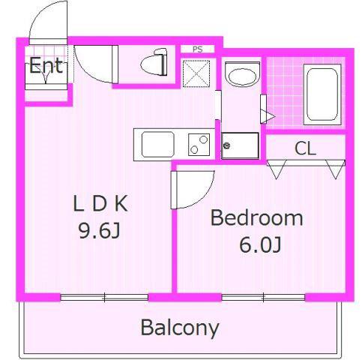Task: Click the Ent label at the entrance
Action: click(46, 65)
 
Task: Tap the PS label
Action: click(197, 49)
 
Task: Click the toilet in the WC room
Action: click(154, 62)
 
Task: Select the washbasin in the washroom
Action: click(242, 74)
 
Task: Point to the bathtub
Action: click(322, 94)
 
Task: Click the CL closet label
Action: click(305, 148)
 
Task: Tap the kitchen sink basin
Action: click(158, 145)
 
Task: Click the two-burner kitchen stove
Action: click(199, 145)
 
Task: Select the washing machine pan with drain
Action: click(240, 145)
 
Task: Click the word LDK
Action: click(100, 204)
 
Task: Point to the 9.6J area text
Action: click(99, 230)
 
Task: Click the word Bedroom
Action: click(257, 218)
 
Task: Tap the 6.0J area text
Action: click(260, 244)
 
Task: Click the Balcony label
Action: click(180, 328)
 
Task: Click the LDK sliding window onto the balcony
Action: click(104, 297)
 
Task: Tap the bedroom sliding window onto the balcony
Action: click(264, 297)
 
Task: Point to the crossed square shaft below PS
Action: click(196, 73)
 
